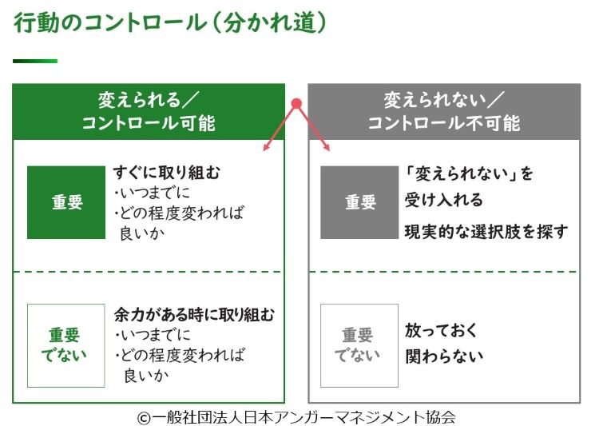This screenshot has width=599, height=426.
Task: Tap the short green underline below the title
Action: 34,61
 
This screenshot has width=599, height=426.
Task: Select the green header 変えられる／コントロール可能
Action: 149,111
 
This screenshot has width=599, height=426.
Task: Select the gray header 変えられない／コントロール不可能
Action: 444,111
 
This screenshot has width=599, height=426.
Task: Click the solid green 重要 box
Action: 66,202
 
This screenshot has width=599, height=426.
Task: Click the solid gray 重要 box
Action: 359,202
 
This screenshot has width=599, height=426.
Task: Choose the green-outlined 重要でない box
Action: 66,345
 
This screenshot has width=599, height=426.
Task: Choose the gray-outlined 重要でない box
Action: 359,345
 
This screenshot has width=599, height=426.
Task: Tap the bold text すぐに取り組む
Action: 166,173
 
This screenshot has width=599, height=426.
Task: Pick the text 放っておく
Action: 441,331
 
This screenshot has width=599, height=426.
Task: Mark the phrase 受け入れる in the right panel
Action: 443,200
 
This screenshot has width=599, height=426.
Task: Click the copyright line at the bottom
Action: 296,416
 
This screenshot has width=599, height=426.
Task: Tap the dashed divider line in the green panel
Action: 149,272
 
